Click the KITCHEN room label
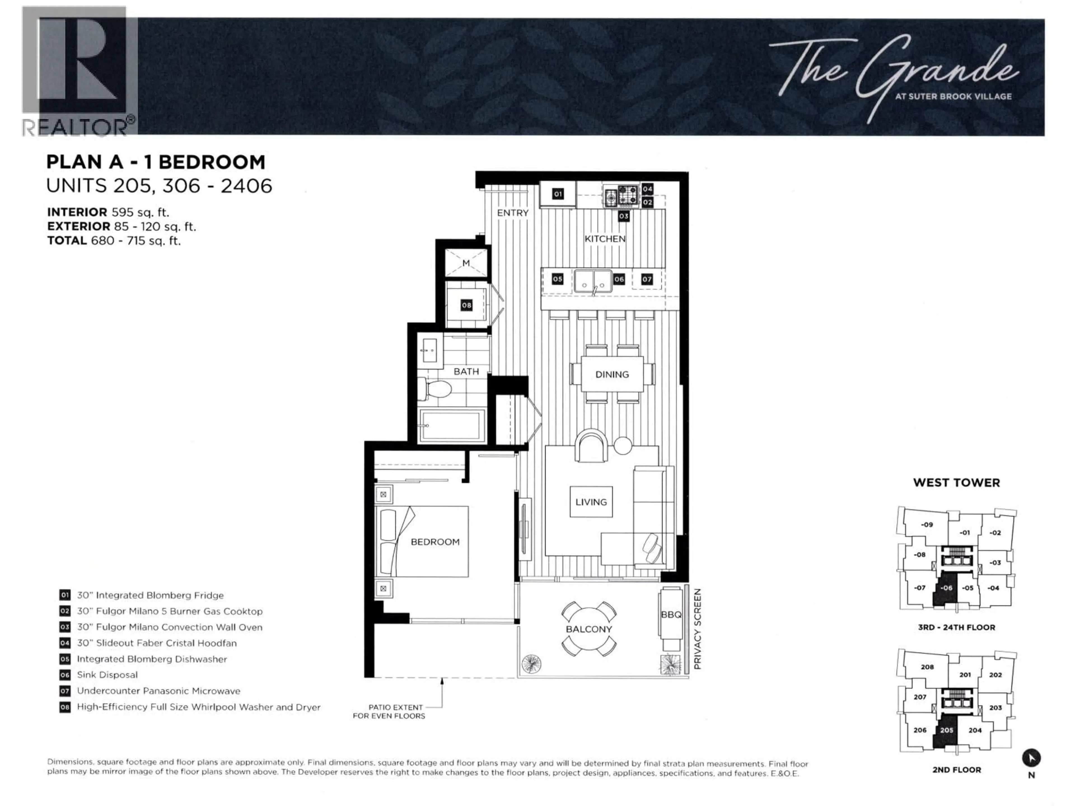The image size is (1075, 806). [x=605, y=238]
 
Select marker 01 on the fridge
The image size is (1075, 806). [x=558, y=194]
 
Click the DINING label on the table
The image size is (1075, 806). [x=612, y=374]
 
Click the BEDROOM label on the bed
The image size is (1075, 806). [x=435, y=542]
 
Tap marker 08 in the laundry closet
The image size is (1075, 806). [x=467, y=305]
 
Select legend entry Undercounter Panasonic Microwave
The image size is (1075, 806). [x=158, y=691]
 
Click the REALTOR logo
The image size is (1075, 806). [x=78, y=71]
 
